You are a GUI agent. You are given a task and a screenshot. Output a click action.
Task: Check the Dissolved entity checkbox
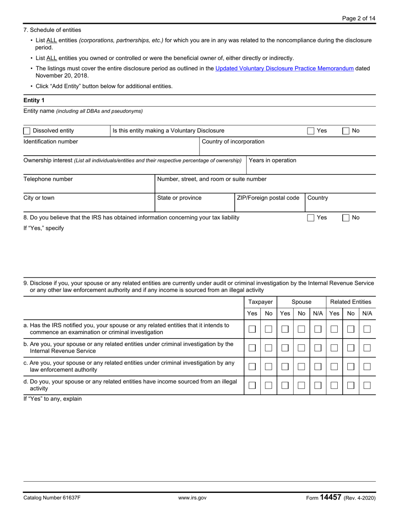[x=27, y=131]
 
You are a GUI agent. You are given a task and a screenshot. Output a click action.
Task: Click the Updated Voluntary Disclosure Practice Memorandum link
[x=284, y=68]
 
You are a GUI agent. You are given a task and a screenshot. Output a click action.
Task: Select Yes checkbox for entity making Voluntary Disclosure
[x=311, y=131]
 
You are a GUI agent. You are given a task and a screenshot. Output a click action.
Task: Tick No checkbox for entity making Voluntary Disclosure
[x=346, y=131]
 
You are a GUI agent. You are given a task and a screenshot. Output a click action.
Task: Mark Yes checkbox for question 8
[x=311, y=218]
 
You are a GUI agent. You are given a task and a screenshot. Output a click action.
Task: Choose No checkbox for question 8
[x=346, y=218]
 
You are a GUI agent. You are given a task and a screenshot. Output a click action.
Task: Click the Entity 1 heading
[x=34, y=100]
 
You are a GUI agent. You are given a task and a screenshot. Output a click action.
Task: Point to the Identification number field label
[x=50, y=141]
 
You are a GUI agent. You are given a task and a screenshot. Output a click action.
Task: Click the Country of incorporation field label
[x=233, y=141]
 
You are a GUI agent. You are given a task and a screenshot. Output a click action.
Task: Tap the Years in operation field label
[x=273, y=160]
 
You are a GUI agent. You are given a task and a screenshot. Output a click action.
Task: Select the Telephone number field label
[x=48, y=179]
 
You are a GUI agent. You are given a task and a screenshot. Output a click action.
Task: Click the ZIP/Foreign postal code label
[x=268, y=198]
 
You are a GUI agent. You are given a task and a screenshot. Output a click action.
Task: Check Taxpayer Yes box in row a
[x=252, y=329]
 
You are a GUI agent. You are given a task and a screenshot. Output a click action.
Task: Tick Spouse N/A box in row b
[x=318, y=348]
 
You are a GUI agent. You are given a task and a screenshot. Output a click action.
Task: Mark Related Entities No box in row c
[x=351, y=367]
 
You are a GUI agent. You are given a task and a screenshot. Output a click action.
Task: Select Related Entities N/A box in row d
[x=367, y=386]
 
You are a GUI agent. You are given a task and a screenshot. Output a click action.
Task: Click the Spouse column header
[x=302, y=302]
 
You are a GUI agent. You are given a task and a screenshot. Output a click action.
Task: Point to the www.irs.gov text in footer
[x=192, y=498]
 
